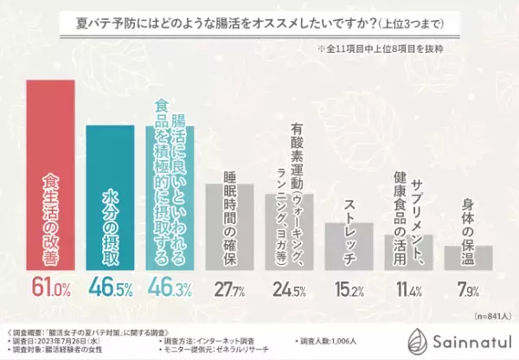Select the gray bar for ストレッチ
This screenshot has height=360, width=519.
(349, 241)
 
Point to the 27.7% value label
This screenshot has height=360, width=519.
(228, 286)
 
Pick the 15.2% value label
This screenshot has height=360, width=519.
(349, 286)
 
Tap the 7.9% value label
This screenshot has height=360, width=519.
(468, 286)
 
